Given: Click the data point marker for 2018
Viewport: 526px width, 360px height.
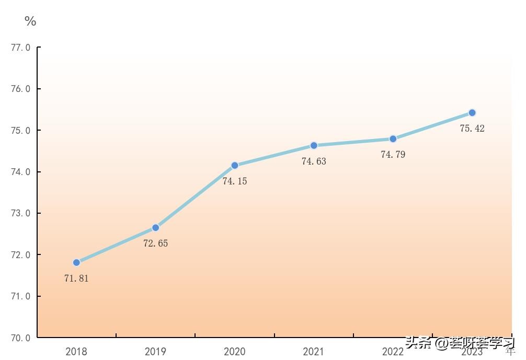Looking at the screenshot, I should pos(76,262).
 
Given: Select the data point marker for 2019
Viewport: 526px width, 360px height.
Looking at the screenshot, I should pos(155,228).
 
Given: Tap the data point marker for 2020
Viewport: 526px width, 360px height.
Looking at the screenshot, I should pos(235,165).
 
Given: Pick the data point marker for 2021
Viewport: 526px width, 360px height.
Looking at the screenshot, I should pos(314,145).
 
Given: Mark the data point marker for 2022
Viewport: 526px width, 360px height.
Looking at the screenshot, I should pos(393,139).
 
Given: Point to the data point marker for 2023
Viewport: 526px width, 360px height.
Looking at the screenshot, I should pos(472,112).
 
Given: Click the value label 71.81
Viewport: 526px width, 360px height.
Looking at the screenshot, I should pos(76,278).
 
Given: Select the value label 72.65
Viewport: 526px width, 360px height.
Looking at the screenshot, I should pos(156,243).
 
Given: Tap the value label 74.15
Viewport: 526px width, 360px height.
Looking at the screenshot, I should pos(235,181).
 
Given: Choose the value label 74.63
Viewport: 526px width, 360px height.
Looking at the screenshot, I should pos(314,161).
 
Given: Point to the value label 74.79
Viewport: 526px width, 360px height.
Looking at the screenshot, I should pos(393,155).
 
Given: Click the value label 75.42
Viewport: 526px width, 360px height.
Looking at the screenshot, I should pos(472,129).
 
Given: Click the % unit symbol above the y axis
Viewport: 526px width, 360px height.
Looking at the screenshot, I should pos(30,21).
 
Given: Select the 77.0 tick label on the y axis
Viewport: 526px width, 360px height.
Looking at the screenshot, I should pos(20,48).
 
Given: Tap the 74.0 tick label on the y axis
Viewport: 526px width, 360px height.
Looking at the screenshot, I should pos(20,172).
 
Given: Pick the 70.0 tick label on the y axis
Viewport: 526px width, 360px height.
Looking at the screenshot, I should pos(20,338).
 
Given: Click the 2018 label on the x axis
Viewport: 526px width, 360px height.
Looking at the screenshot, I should pos(76,352).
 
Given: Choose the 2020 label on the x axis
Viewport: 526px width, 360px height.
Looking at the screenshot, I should pos(235,352).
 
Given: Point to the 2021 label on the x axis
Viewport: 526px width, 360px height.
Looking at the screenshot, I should pos(314,352).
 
